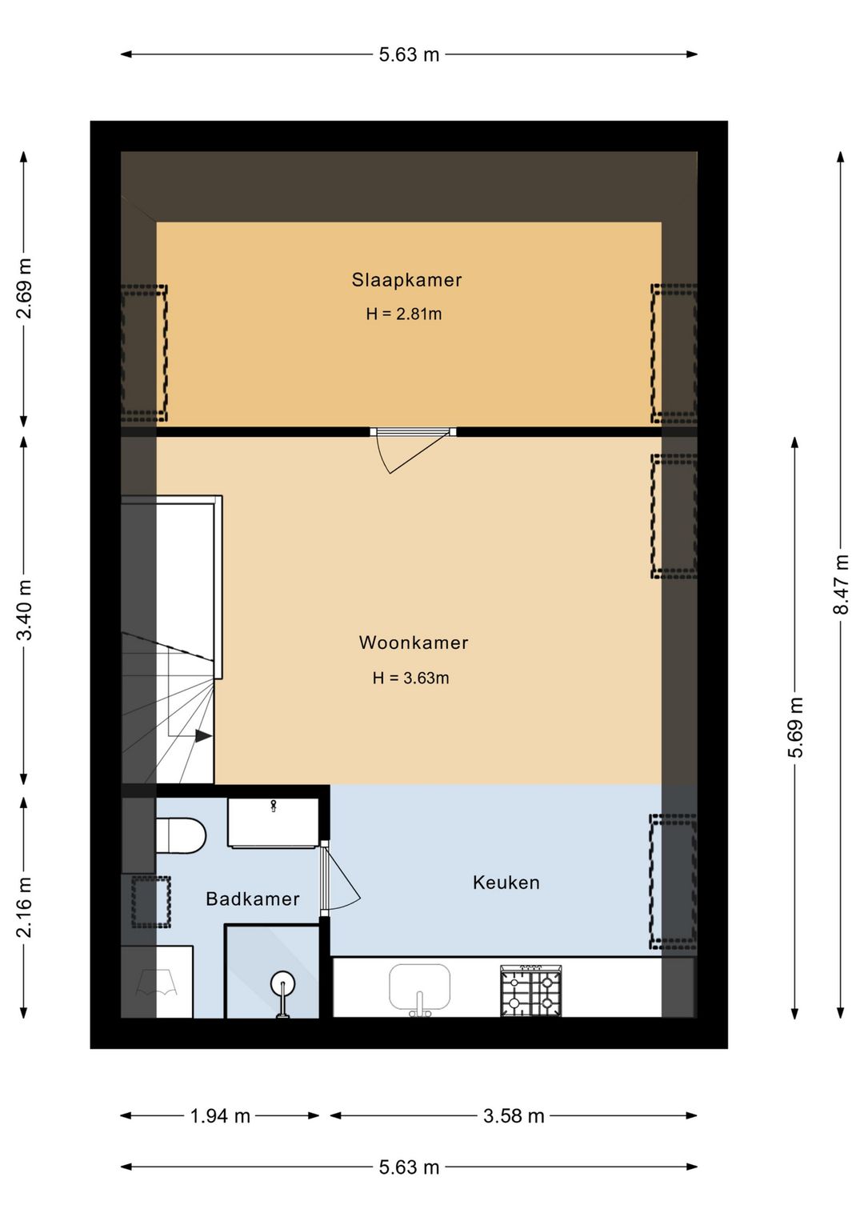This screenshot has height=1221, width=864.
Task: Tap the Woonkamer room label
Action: pos(413,643)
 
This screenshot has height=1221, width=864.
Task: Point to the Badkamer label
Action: pos(252,899)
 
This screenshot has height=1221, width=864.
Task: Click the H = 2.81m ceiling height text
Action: pos(404,314)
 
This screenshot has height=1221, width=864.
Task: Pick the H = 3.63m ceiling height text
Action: pos(410,678)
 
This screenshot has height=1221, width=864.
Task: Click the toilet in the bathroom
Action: pos(181,835)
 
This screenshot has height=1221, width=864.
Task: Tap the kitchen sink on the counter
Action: pos(419,987)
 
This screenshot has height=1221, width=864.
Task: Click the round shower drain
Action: pos(283,984)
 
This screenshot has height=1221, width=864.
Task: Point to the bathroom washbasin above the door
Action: pos(273,823)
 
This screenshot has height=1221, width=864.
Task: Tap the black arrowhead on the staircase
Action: pos(204,736)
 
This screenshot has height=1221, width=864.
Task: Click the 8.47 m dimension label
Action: pos(841,584)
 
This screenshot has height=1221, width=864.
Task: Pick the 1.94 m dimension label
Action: pos(220,1116)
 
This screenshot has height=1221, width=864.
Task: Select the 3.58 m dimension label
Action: pos(514,1116)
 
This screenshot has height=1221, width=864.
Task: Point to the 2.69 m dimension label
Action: pos(24,288)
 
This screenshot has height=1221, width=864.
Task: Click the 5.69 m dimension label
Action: pos(795,727)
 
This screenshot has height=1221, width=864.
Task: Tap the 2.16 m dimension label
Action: pos(24,907)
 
